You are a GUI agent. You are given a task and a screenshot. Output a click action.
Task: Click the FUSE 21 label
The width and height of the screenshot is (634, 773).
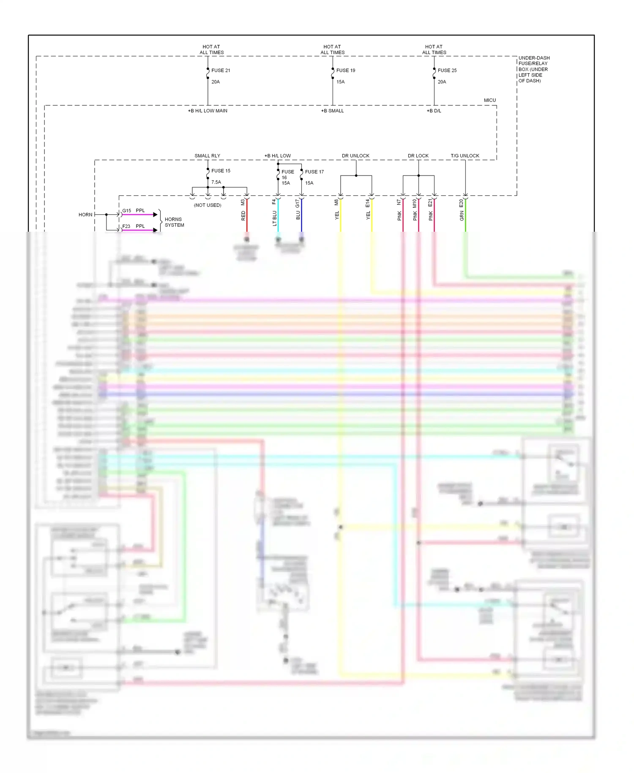coord(221,71)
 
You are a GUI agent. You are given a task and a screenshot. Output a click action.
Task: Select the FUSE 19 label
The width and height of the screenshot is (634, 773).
coord(345,71)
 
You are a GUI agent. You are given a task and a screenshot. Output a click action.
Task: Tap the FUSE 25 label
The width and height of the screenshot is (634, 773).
coord(447,71)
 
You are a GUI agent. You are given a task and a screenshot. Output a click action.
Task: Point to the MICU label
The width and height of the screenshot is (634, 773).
coord(489,101)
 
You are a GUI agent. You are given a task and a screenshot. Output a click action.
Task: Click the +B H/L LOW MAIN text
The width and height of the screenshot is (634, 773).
coord(208,111)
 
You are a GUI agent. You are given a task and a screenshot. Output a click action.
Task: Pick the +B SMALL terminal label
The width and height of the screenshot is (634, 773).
coord(332,111)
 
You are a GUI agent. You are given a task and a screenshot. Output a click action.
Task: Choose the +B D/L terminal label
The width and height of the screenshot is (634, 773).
coord(434,111)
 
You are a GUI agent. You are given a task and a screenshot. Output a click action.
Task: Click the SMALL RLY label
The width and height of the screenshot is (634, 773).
coord(207,156)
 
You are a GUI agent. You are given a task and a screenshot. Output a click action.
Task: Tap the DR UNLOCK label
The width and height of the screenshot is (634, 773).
coord(355,156)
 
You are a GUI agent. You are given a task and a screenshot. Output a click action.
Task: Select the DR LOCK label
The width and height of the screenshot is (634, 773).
coord(418,156)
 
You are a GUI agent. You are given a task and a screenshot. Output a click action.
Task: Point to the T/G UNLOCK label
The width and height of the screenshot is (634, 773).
coord(465,156)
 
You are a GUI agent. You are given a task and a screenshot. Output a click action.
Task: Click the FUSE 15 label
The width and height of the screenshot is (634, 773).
coord(221,171)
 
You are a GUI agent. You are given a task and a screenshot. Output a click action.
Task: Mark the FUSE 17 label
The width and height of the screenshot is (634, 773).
coord(314,172)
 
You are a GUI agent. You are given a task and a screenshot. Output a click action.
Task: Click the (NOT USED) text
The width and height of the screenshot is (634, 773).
coord(208,206)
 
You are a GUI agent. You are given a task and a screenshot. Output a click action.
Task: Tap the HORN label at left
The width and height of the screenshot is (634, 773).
coord(85,215)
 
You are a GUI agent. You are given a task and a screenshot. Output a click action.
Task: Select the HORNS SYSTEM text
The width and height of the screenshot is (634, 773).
coord(174,222)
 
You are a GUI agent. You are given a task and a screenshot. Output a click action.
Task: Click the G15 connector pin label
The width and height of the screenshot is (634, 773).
coord(127,211)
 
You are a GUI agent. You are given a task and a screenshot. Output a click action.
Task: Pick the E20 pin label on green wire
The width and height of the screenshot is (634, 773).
coord(461,203)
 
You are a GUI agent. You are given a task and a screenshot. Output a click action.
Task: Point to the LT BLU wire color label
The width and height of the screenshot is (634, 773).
coord(274,218)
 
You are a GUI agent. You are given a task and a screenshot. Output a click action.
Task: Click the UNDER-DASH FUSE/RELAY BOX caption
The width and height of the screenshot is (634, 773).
coord(533,69)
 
